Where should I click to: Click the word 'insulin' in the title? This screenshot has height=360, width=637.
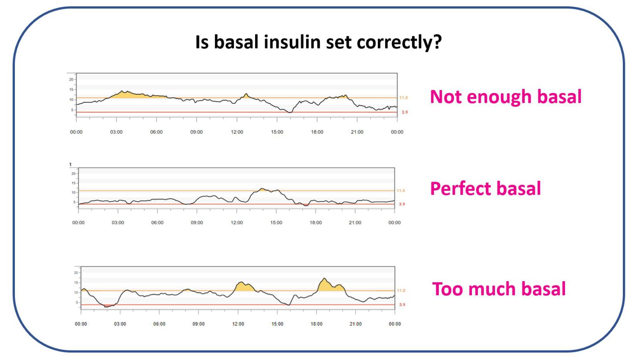tap(292, 42)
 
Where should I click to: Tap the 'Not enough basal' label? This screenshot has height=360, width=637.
tap(506, 97)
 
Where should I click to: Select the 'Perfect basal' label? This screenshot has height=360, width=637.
tap(485, 189)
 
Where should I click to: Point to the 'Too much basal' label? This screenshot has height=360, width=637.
tap(499, 289)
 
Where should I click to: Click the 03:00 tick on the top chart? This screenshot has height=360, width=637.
tap(116, 132)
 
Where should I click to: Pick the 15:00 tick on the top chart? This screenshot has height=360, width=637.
tap(277, 132)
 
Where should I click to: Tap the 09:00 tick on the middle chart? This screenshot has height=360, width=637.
tap(197, 223)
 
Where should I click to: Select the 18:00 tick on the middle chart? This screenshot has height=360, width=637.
tap(316, 223)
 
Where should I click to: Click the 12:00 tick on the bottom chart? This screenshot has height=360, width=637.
tap(238, 324)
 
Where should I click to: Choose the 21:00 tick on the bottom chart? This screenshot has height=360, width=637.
tap(355, 324)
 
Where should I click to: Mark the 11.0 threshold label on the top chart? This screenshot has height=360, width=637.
tap(404, 98)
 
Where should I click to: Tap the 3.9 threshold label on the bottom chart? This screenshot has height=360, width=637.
tap(402, 305)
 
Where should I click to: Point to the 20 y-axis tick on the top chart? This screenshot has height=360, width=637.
tap(71, 79)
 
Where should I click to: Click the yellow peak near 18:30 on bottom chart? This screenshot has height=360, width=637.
tap(326, 285)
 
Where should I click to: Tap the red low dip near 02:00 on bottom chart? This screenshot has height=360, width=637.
tap(108, 306)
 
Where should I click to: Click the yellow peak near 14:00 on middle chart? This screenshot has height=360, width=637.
tap(263, 190)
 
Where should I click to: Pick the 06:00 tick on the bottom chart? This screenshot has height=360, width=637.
tap(159, 324)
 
